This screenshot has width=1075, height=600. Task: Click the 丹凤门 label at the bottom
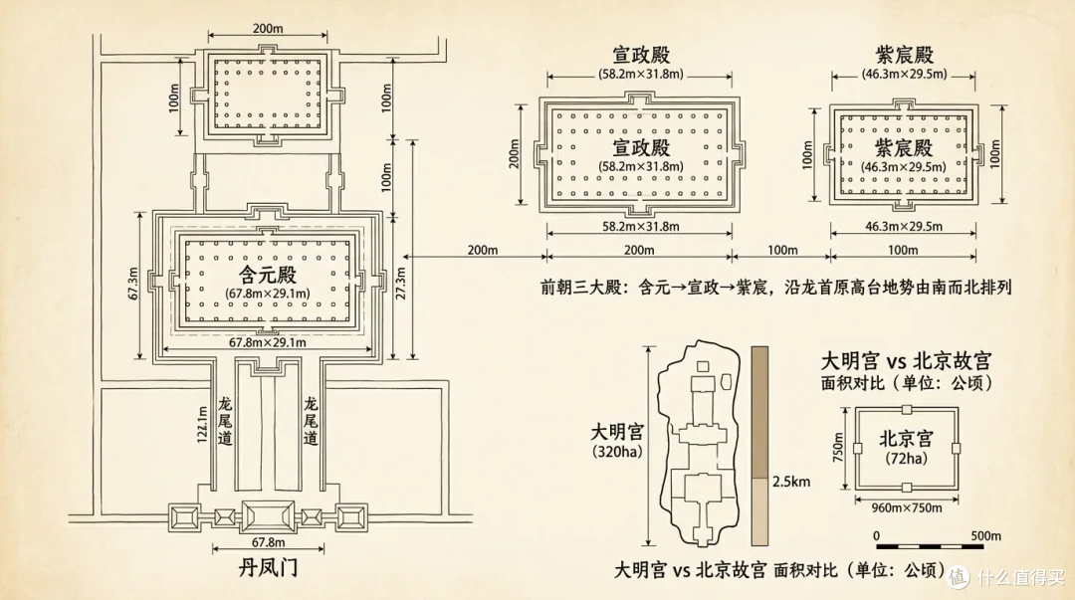(268, 568)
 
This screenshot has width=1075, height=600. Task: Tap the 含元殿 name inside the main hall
(268, 275)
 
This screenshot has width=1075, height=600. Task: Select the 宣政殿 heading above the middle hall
(641, 55)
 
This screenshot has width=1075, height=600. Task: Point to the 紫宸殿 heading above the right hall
(904, 55)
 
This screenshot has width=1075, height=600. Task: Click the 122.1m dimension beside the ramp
(202, 425)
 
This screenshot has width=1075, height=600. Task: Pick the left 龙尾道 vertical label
(225, 421)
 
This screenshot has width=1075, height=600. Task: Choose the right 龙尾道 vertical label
(311, 421)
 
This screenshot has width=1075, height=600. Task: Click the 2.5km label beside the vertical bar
(791, 482)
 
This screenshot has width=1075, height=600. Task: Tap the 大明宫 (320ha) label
(618, 441)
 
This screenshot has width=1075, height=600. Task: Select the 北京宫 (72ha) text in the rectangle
(907, 447)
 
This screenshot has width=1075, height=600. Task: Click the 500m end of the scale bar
(985, 536)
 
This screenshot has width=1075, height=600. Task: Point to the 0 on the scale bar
(877, 536)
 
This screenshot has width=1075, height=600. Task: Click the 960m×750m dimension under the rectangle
(907, 508)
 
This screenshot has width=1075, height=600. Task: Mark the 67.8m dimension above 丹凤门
(268, 542)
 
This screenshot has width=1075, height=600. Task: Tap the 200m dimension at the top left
(268, 29)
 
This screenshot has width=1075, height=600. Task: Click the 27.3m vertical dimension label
(401, 284)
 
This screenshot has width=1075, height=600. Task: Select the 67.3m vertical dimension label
(133, 284)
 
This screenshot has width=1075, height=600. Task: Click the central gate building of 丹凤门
(268, 517)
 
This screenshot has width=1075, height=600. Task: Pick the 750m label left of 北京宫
(838, 447)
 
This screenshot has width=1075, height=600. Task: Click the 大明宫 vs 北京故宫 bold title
(906, 361)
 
